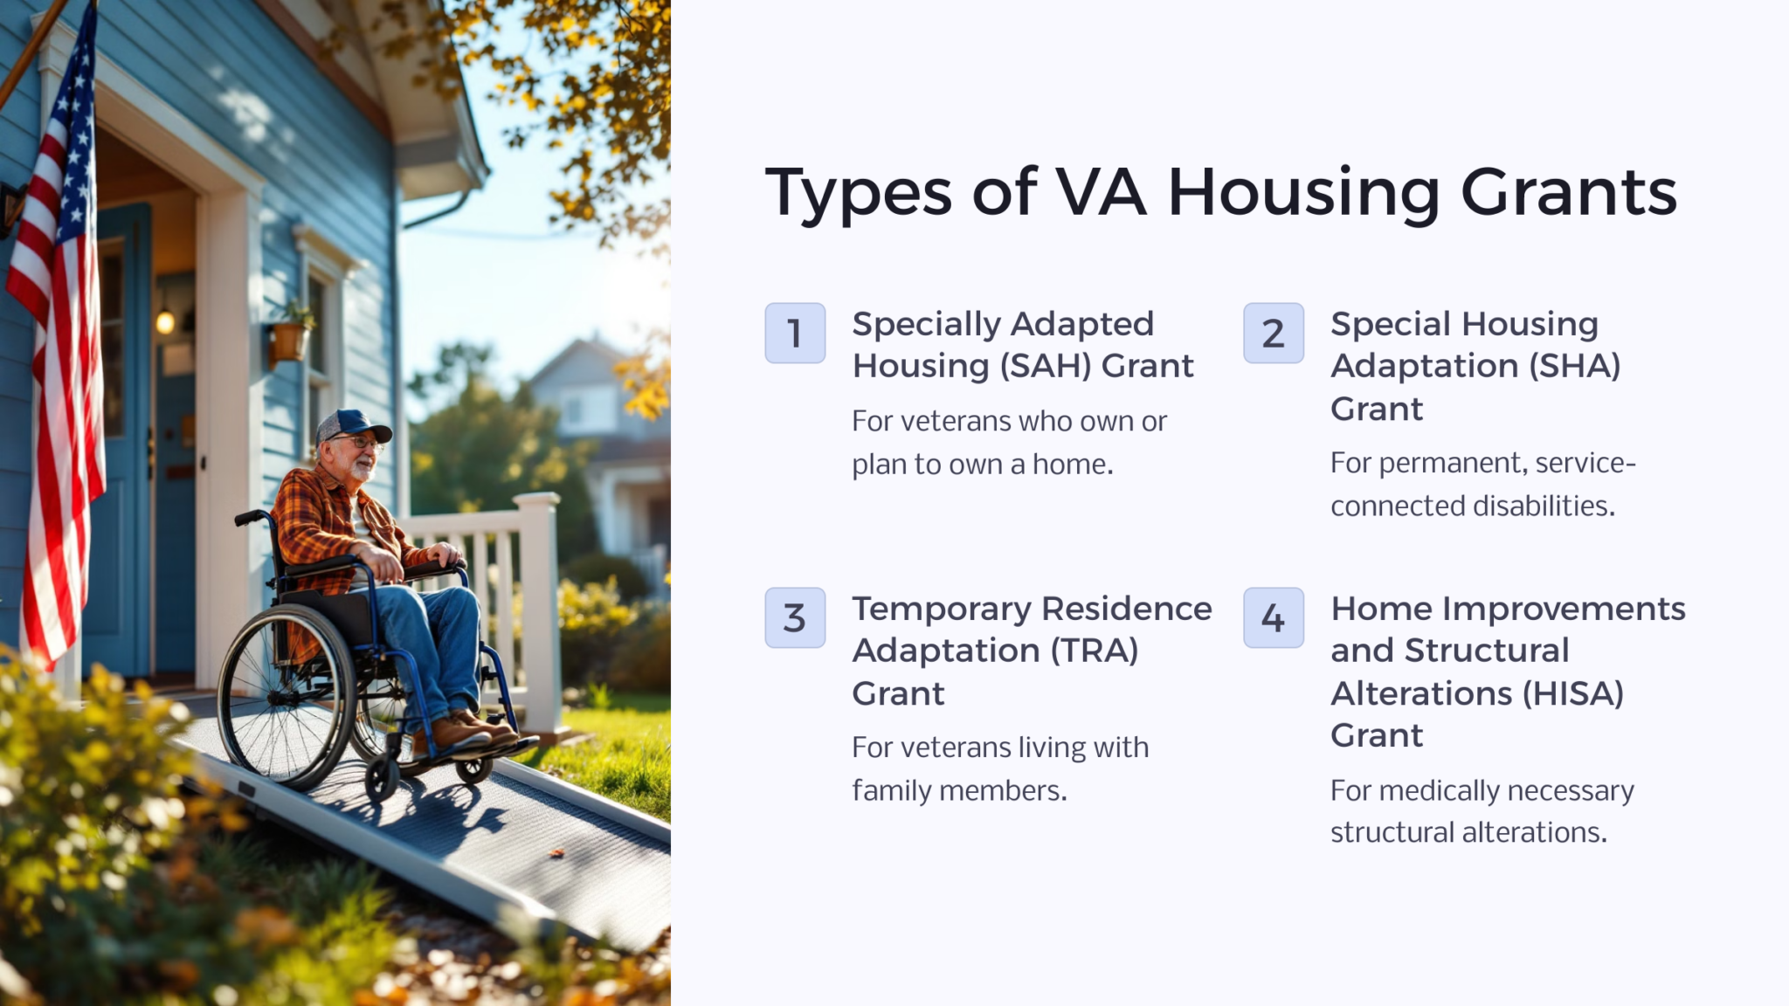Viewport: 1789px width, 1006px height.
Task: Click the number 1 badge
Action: point(795,333)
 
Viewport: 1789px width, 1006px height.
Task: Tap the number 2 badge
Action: point(1274,333)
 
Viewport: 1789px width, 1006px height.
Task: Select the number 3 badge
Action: point(795,617)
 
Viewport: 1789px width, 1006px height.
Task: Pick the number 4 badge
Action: point(1274,617)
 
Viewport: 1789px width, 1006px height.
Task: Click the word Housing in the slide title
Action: point(1303,193)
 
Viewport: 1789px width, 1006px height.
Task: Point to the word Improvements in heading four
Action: point(1564,609)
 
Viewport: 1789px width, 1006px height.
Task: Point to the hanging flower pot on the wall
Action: point(289,340)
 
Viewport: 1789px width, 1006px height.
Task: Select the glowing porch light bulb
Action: point(165,322)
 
